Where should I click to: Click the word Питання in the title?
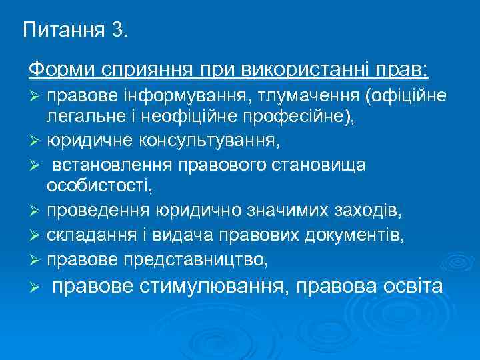point(61,30)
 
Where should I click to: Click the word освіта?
point(410,287)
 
